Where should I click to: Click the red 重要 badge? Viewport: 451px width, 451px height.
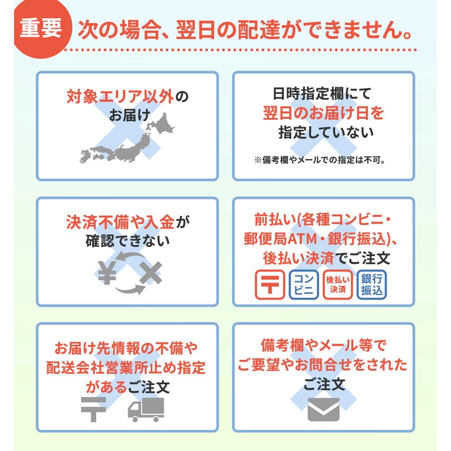tap(41, 29)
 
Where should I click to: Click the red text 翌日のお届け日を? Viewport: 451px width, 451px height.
tap(323, 113)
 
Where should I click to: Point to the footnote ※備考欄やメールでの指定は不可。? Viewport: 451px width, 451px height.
tap(323, 161)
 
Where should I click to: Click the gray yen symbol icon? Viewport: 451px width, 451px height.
tap(107, 273)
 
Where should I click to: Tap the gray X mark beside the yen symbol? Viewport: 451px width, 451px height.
tap(150, 273)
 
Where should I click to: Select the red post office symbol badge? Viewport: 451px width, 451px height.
tap(271, 285)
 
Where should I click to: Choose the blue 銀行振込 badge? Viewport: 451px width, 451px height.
tap(372, 285)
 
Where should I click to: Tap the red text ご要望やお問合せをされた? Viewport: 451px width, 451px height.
tap(323, 365)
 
